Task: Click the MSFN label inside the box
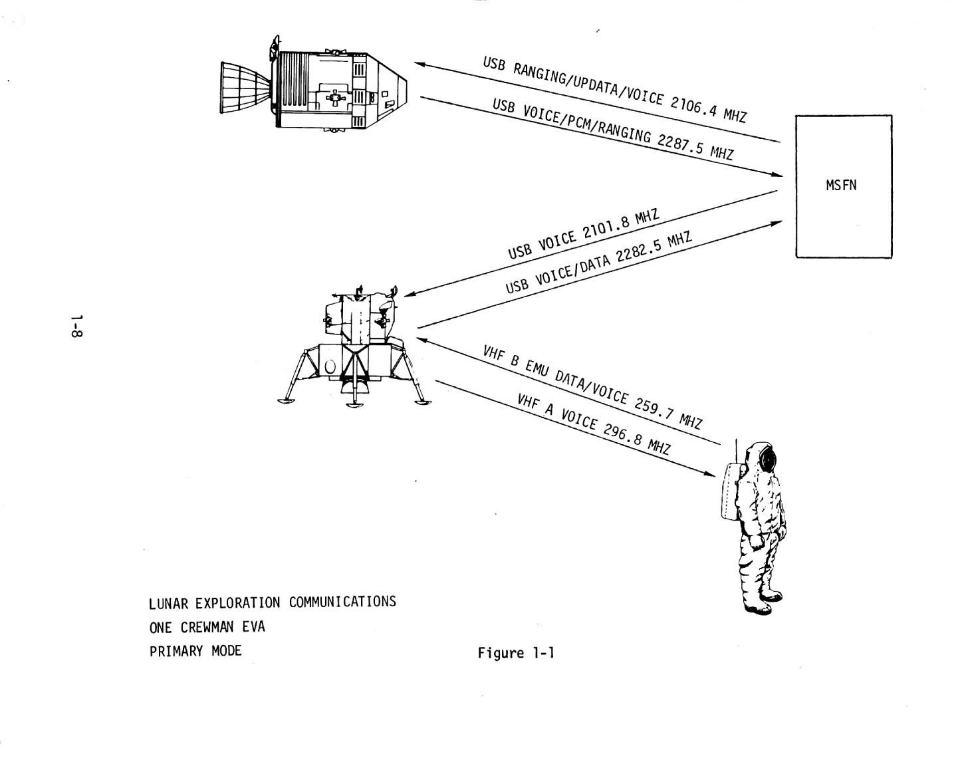tap(841, 186)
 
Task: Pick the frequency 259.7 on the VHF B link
tap(654, 406)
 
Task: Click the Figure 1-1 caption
tap(516, 653)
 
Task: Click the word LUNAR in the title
tap(166, 603)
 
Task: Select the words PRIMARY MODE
tap(195, 651)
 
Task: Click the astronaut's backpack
tap(731, 491)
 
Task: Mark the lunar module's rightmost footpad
tap(420, 401)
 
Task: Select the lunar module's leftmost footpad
tap(285, 399)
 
